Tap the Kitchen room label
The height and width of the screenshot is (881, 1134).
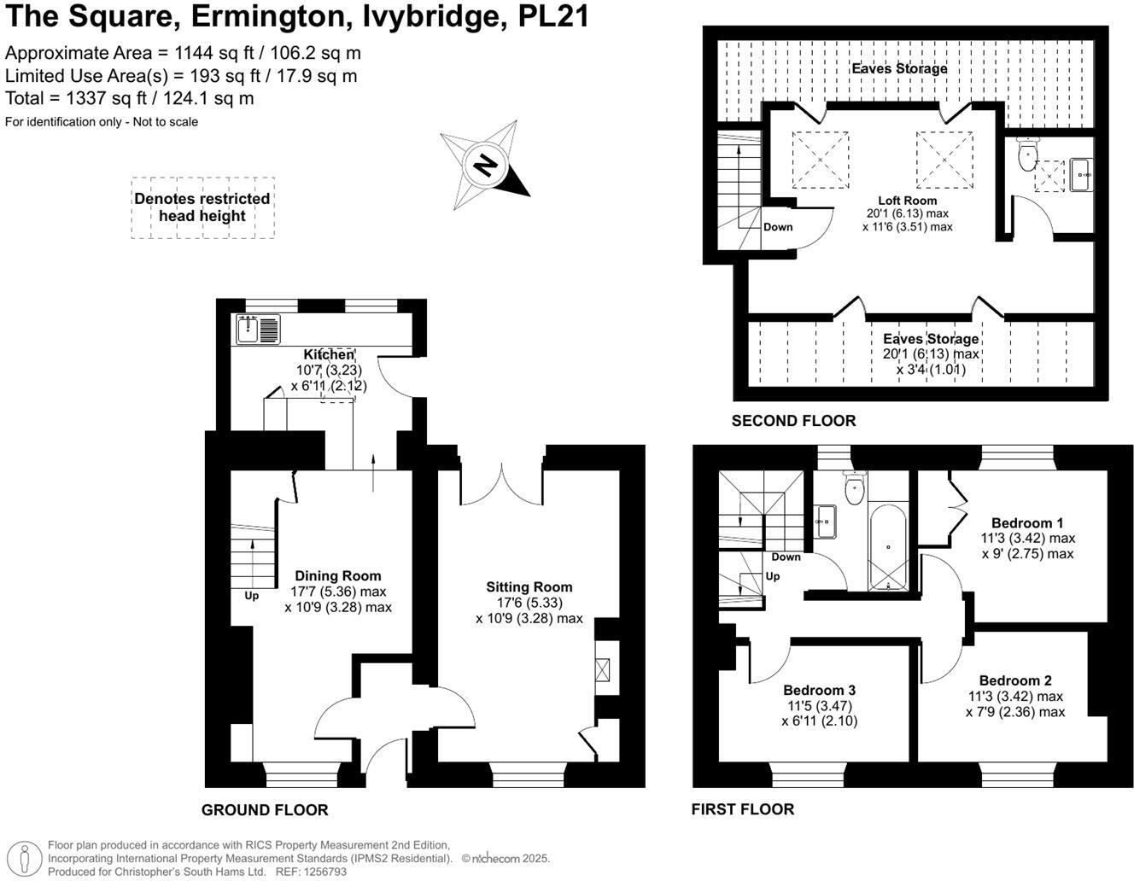point(329,354)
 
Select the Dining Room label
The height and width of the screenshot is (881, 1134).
point(337,576)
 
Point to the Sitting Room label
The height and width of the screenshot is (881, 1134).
point(529,587)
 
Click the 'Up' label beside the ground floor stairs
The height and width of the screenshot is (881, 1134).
point(252,596)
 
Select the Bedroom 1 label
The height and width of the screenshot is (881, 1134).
point(1027,523)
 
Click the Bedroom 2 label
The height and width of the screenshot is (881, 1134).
point(1015,680)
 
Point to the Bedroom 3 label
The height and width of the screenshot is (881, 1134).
point(820,690)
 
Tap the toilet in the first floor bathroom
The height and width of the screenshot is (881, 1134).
point(854,489)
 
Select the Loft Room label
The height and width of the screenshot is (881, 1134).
point(908,201)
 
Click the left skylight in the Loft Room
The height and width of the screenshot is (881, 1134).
point(821,160)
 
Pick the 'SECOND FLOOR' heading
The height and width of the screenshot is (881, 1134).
point(793,421)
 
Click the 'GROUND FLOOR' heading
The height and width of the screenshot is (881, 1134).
point(265,810)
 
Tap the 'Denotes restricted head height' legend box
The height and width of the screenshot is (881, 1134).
point(202,207)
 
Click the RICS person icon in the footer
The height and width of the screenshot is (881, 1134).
point(28,858)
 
